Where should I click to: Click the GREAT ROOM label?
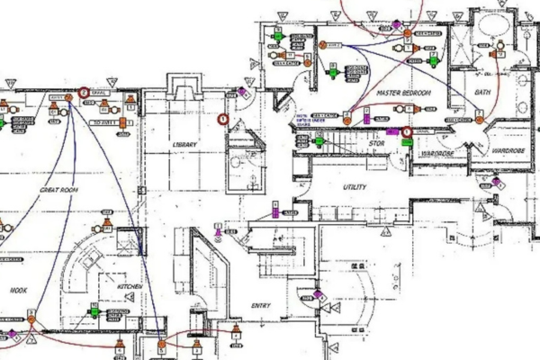(x=61, y=191)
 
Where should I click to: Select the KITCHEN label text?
(x=129, y=287)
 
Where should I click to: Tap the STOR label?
(x=377, y=143)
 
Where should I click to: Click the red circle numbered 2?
(x=84, y=92)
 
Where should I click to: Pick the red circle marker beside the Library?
(x=225, y=118)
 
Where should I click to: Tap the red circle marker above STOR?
(x=407, y=132)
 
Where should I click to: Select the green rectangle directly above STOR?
(x=318, y=139)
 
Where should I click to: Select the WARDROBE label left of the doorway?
(x=436, y=154)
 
